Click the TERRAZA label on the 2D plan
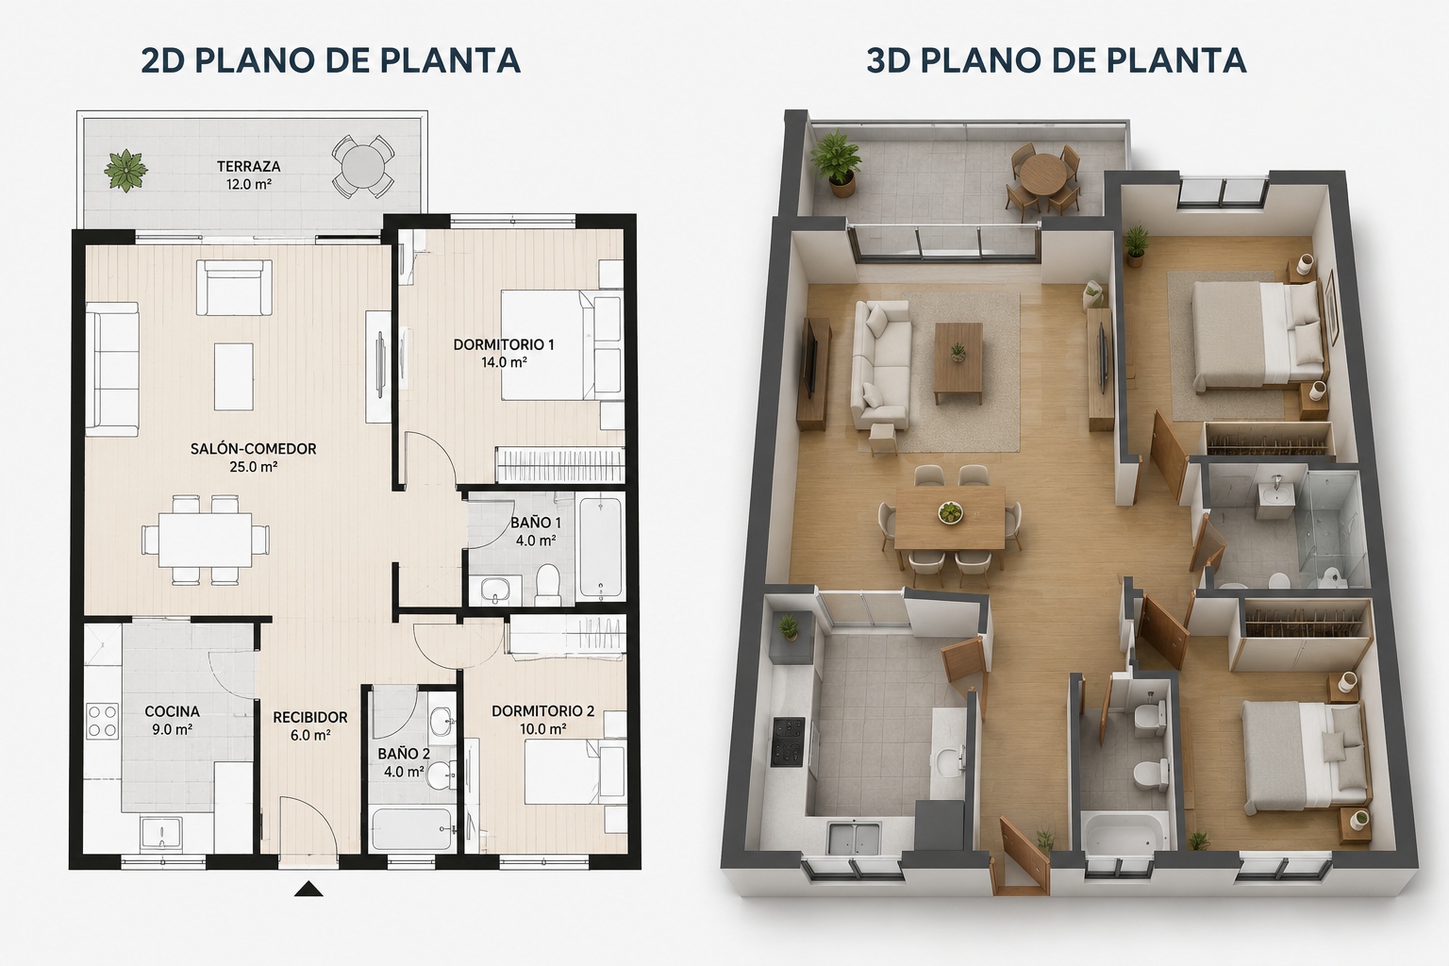pos(248,166)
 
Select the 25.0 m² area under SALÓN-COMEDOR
pos(253,467)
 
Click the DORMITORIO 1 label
pos(503,345)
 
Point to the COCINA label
pos(172,711)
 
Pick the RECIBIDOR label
pos(309,718)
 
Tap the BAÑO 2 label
pos(404,754)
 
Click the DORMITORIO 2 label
pos(542,711)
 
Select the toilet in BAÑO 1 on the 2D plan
pos(548,584)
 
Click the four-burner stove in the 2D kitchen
pos(102,722)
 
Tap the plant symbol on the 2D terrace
pos(126,171)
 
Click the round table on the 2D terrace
pos(362,167)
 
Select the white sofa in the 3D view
pos(882,367)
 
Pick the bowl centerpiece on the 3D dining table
pos(950,512)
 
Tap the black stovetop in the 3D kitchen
pos(788,741)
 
